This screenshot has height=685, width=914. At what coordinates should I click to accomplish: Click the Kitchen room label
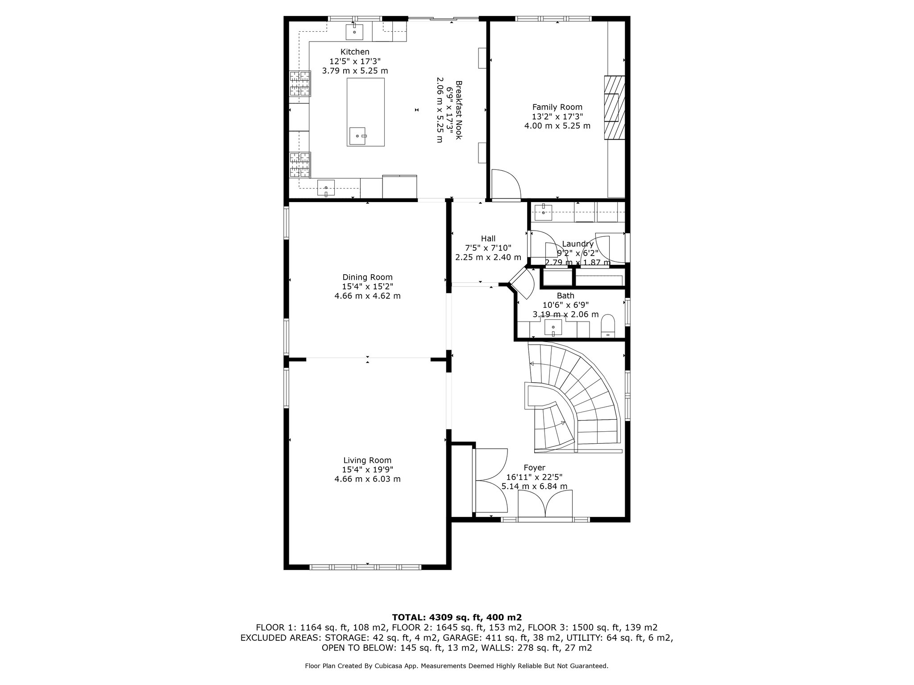pos(355,52)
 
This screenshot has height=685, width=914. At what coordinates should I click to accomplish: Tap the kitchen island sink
pos(358,135)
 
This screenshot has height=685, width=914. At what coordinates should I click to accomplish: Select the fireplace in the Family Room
pos(614,108)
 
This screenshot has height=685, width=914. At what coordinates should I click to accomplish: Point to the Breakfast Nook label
pos(458,110)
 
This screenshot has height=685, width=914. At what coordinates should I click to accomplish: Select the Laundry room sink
pos(544,210)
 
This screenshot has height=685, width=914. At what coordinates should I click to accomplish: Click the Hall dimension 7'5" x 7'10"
pos(488,248)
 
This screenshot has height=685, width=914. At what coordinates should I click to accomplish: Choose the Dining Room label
pos(367,277)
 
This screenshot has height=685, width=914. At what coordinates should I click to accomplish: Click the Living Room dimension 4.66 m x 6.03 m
pos(367,479)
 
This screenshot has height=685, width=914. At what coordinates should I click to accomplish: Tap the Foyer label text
pos(534,468)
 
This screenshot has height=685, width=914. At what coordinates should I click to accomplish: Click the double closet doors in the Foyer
pos(491,480)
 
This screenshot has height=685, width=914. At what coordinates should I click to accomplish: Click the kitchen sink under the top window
pos(354,32)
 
